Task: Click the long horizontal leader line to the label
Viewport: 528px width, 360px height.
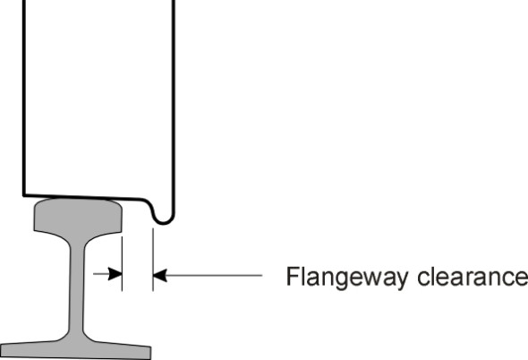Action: pyautogui.click(x=215, y=276)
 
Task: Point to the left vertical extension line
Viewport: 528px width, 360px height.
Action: pyautogui.click(x=123, y=260)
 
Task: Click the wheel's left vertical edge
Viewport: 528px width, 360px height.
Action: pyautogui.click(x=24, y=99)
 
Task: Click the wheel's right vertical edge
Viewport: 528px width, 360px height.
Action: pyautogui.click(x=173, y=99)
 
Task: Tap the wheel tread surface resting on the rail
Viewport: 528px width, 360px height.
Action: pyautogui.click(x=81, y=197)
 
